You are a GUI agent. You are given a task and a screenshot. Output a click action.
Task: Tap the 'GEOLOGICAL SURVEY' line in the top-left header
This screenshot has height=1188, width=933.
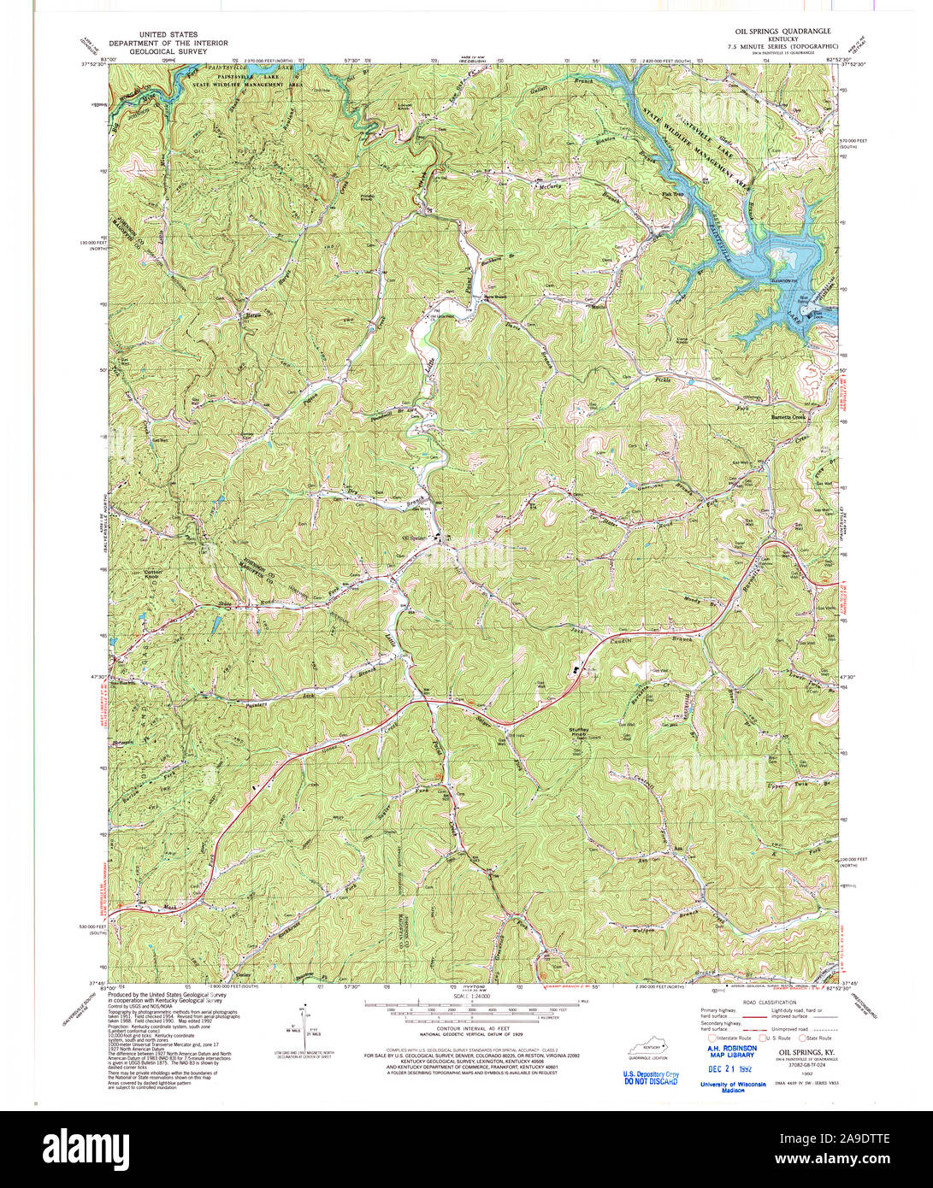(x=168, y=51)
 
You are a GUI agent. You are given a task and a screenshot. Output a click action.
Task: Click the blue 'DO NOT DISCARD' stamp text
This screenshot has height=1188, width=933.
(x=650, y=1081)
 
